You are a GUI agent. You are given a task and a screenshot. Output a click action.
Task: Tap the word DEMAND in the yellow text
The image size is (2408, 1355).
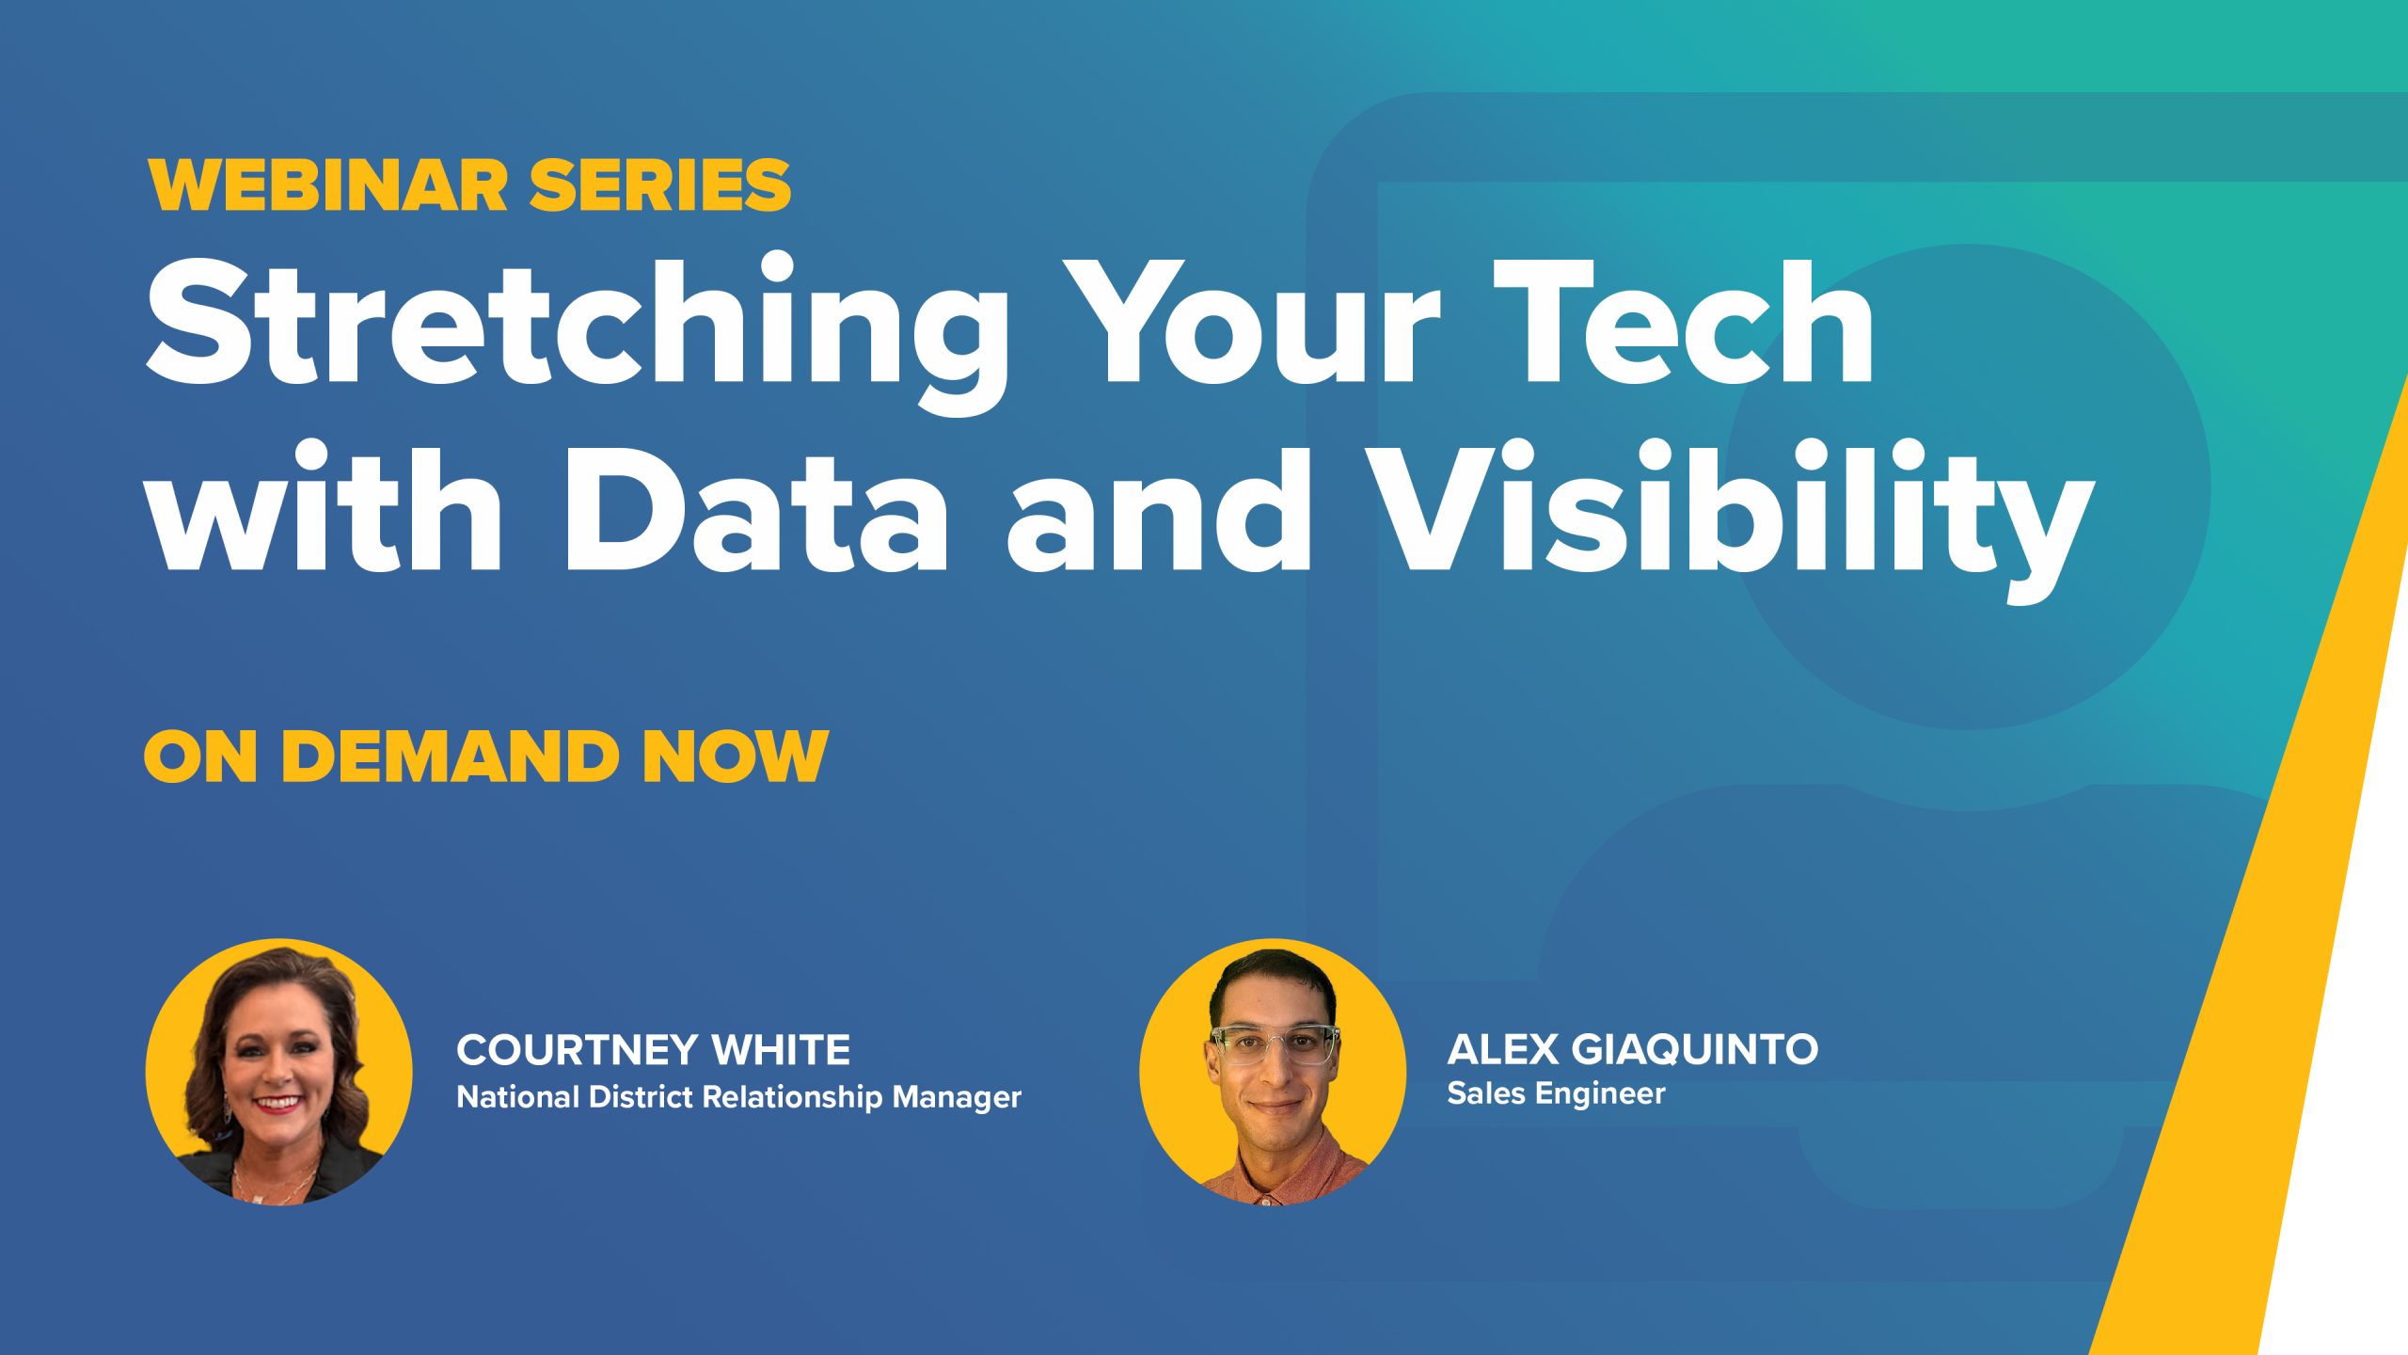tap(450, 756)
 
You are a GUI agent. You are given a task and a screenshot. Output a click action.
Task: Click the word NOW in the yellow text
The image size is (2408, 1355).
tap(735, 756)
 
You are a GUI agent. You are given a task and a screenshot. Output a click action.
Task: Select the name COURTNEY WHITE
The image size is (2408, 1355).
tap(654, 1050)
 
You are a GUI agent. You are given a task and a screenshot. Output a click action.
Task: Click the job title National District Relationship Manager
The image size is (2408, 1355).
tap(739, 1097)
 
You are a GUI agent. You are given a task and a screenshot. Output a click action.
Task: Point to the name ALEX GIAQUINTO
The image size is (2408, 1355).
tap(1632, 1049)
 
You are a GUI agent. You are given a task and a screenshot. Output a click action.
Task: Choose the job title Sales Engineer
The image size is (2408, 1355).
tap(1556, 1093)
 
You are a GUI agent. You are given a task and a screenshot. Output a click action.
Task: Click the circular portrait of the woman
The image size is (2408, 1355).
tap(278, 1072)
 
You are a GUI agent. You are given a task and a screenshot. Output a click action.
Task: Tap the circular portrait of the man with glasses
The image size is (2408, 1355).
tap(1273, 1072)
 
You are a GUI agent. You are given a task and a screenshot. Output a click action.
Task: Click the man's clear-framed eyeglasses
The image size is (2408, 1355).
tap(1275, 1044)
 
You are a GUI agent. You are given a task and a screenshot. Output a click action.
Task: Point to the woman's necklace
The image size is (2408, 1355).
tap(278, 1181)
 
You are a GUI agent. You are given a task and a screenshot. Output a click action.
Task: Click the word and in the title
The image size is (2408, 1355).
tap(1159, 508)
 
